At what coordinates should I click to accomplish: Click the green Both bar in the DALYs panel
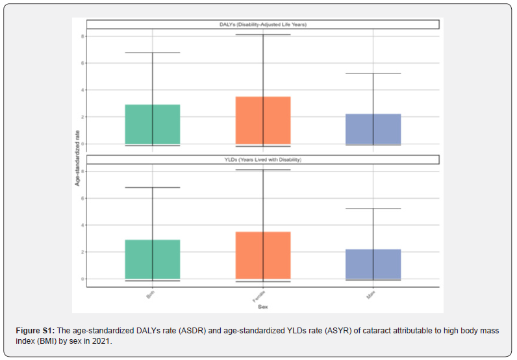pyautogui.click(x=153, y=124)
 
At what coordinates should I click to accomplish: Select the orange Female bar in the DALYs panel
pyautogui.click(x=263, y=120)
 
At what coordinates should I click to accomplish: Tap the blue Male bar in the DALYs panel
pyautogui.click(x=373, y=129)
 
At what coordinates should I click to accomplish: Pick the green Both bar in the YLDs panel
pyautogui.click(x=153, y=259)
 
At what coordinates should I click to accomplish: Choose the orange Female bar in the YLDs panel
pyautogui.click(x=263, y=255)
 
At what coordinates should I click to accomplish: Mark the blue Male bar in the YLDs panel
pyautogui.click(x=373, y=264)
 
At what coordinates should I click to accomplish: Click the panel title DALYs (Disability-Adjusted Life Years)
pyautogui.click(x=263, y=25)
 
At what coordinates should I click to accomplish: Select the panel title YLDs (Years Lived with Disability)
pyautogui.click(x=263, y=160)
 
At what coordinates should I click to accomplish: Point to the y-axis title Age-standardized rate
pyautogui.click(x=77, y=157)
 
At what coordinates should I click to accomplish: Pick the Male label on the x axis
pyautogui.click(x=371, y=296)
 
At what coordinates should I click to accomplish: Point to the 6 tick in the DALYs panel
pyautogui.click(x=83, y=63)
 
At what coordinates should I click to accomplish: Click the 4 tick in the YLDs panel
pyautogui.click(x=83, y=225)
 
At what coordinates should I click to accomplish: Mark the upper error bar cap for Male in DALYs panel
pyautogui.click(x=373, y=73)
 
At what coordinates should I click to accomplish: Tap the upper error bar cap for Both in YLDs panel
pyautogui.click(x=153, y=187)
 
